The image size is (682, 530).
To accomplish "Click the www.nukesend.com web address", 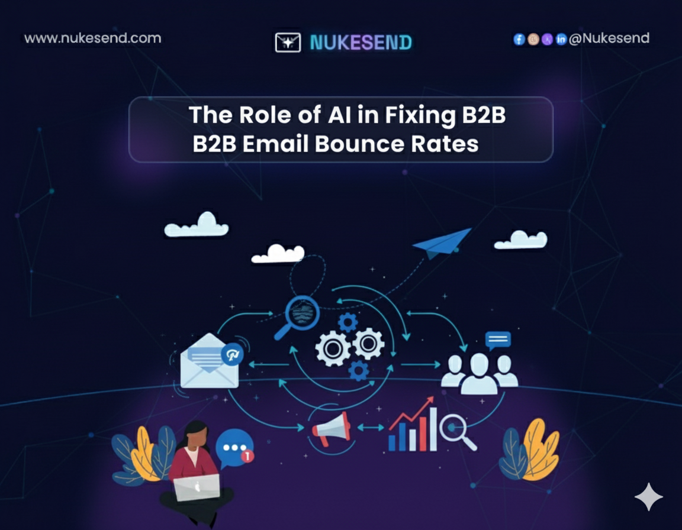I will [92, 38].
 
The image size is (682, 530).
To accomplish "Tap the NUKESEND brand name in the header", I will [361, 42].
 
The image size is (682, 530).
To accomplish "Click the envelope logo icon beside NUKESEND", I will [288, 42].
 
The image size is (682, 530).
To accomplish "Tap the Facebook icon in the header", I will [519, 39].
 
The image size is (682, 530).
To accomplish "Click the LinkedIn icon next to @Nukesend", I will [561, 39].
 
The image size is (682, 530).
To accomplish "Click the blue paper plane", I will [443, 242].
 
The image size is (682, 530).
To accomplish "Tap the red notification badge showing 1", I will [249, 456].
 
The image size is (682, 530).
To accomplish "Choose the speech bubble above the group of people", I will [497, 340].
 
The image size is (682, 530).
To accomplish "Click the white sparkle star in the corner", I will [648, 496].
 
